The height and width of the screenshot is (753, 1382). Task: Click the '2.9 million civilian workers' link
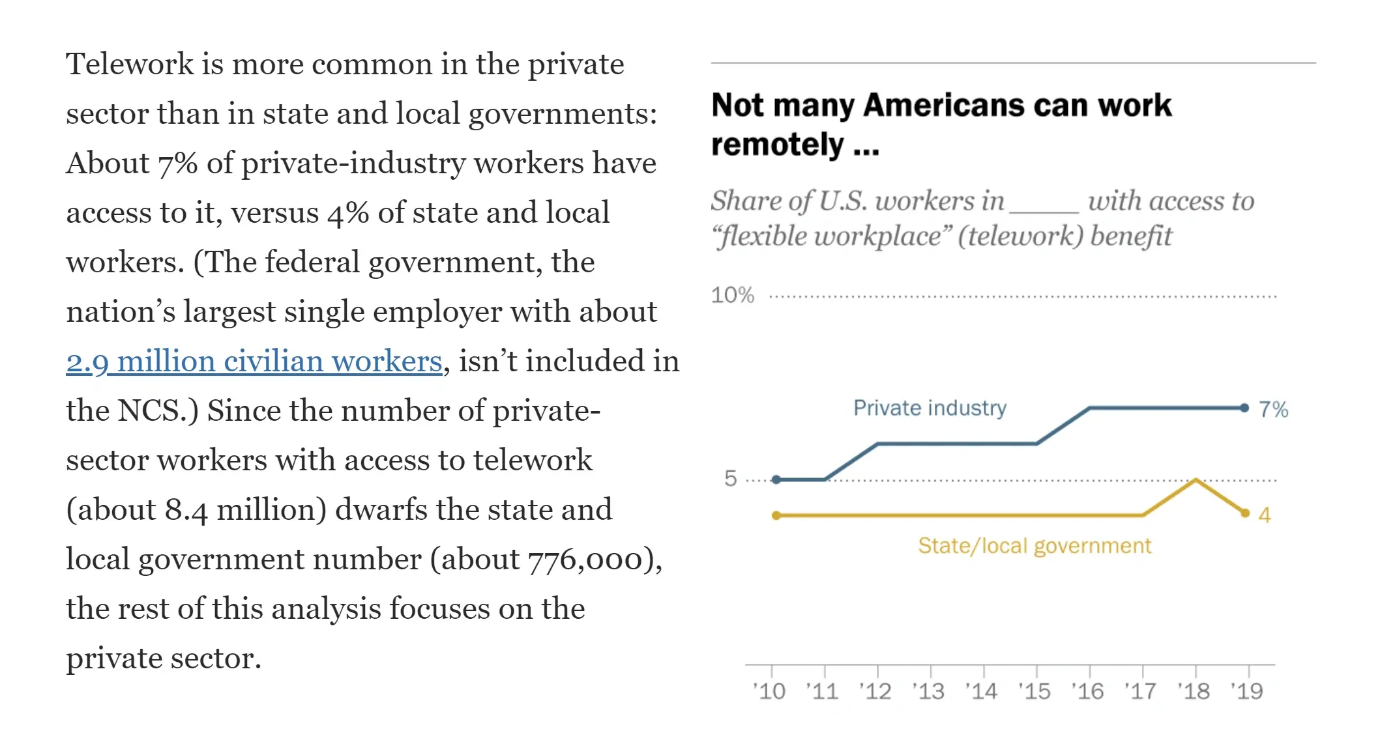tap(254, 362)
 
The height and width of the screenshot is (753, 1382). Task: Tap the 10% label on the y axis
tap(732, 295)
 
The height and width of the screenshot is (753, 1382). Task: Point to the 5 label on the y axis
tap(731, 479)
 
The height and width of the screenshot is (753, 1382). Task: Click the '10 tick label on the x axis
tap(769, 691)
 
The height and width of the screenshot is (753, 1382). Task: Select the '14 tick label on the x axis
tap(981, 691)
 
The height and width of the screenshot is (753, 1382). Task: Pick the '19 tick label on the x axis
tap(1247, 691)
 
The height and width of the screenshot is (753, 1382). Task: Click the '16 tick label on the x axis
tap(1087, 691)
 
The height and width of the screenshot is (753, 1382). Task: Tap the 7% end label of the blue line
tap(1273, 410)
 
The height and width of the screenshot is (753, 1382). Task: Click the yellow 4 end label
tap(1265, 516)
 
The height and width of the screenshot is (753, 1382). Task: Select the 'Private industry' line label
tap(930, 408)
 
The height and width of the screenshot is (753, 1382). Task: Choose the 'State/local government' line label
tap(1035, 546)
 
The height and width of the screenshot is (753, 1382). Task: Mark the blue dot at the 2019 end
tap(1244, 408)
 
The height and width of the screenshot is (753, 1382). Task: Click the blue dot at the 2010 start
tap(776, 480)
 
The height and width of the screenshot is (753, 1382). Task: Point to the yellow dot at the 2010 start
tap(776, 516)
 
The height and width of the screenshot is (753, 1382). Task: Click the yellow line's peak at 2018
tap(1196, 480)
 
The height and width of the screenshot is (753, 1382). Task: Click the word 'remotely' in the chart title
tap(778, 145)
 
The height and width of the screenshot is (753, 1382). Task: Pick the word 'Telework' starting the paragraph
tap(130, 64)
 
